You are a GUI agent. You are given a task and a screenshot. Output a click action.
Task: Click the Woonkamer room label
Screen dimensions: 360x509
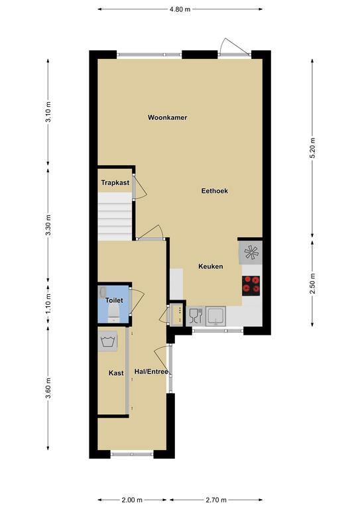(167, 117)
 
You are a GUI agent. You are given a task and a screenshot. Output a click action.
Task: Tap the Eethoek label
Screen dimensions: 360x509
(214, 191)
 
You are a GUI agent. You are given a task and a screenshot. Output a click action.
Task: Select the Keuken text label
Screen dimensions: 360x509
(211, 266)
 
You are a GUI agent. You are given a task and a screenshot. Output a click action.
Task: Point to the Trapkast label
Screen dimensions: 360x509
(115, 183)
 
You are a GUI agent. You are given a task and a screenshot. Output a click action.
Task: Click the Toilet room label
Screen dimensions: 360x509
(114, 300)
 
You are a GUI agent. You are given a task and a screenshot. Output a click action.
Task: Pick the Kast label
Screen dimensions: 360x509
(116, 373)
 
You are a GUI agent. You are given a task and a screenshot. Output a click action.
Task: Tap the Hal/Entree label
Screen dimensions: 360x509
(151, 372)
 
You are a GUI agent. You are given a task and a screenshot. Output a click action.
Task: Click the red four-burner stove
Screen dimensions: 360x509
(251, 286)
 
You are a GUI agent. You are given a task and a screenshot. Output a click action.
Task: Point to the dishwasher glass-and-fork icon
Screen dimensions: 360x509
(196, 316)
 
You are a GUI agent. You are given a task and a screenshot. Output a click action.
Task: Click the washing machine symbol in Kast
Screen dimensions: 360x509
(107, 341)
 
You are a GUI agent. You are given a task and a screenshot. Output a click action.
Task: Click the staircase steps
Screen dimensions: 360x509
(115, 217)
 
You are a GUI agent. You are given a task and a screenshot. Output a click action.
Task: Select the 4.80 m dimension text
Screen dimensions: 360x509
(180, 9)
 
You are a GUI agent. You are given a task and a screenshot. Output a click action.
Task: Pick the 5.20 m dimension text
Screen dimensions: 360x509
(312, 148)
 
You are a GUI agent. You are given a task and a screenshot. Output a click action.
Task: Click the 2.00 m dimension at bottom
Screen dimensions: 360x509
(132, 500)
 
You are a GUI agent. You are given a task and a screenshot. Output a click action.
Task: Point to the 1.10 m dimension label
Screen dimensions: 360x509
(48, 304)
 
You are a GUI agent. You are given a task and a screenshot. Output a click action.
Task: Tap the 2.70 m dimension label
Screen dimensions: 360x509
(216, 500)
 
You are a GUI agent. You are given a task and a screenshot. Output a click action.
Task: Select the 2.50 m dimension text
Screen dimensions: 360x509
(312, 284)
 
